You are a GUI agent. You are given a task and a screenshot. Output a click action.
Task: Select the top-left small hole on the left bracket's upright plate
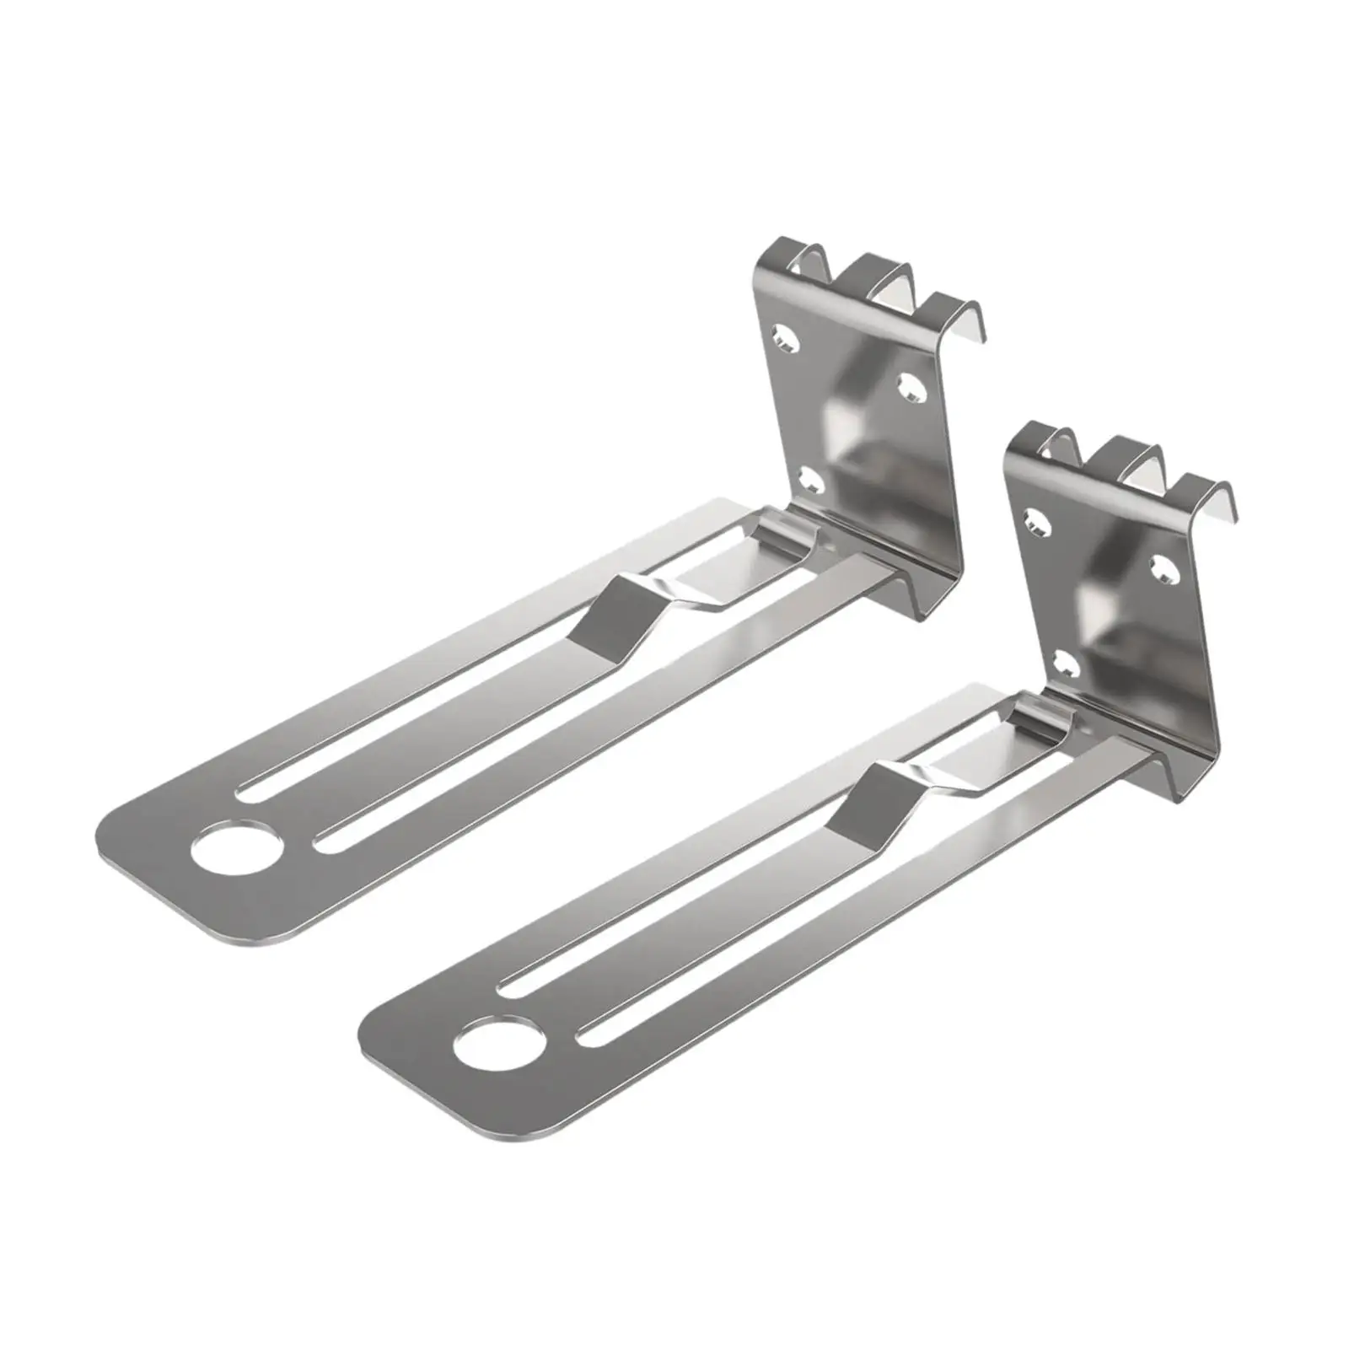coord(787,341)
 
